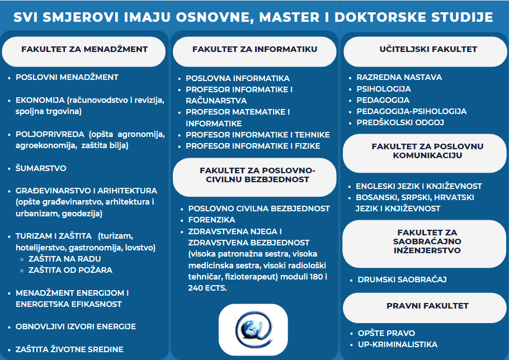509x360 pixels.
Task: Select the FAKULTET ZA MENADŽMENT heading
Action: pos(84,49)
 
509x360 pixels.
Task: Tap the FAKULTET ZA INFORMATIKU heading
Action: pos(254,49)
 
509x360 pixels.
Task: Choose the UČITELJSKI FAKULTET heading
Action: pos(425,49)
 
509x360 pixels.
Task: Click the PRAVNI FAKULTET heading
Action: pos(427,306)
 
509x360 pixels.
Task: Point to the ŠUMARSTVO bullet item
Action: pos(41,168)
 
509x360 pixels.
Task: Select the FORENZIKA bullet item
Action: pos(211,220)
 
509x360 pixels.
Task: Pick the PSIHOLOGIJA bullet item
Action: pos(384,88)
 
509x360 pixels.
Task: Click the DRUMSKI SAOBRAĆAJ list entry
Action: pos(402,279)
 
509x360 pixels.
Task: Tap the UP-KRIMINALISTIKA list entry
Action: pos(397,344)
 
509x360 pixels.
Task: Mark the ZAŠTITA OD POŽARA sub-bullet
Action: pos(70,270)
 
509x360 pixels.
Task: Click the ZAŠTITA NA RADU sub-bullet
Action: pos(64,259)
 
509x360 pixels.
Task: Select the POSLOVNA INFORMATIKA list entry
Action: pos(238,78)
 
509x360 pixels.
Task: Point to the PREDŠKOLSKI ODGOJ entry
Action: pos(400,122)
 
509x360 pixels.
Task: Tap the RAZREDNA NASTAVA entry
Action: pos(399,77)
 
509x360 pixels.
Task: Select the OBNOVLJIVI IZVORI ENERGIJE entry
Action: pos(76,326)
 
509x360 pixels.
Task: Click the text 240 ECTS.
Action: pos(208,287)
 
